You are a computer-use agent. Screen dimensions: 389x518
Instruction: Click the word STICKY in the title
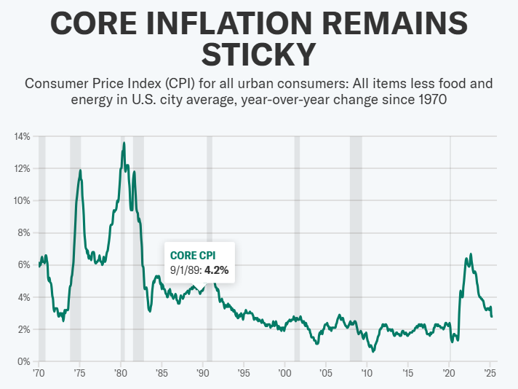pos(259,54)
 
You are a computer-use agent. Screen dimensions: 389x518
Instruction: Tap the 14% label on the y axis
pos(21,136)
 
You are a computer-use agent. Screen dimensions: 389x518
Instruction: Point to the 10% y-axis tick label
pos(21,200)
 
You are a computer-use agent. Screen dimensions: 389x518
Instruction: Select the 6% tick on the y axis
pos(23,265)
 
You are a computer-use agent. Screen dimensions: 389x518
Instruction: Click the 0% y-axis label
pos(23,361)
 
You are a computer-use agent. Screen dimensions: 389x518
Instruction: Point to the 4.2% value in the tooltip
pos(216,270)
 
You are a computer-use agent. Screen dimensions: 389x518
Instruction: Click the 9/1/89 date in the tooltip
pos(185,270)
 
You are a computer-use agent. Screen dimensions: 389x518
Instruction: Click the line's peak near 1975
pos(80,170)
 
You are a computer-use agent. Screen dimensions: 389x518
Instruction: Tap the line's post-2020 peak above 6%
pos(471,254)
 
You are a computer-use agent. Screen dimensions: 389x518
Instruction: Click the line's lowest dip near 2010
pos(373,351)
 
